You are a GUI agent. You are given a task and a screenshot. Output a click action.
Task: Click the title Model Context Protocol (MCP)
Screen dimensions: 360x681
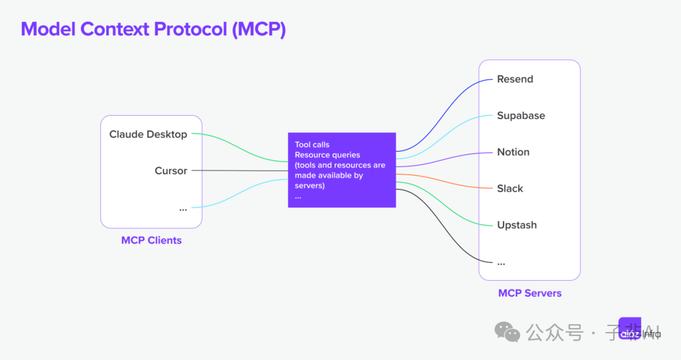click(153, 29)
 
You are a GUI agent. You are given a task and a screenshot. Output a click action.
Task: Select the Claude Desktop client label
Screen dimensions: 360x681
click(148, 134)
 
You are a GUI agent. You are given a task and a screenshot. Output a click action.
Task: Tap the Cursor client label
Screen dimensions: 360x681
click(171, 171)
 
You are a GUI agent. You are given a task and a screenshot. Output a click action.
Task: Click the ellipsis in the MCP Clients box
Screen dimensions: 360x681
click(183, 209)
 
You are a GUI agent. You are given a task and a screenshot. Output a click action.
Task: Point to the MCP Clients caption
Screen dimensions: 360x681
click(151, 240)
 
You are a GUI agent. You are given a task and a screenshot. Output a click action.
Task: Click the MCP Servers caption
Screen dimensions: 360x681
click(529, 293)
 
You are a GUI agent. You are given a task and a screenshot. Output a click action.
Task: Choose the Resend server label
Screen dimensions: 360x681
click(515, 79)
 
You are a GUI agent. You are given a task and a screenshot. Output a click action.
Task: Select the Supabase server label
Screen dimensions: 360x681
click(521, 116)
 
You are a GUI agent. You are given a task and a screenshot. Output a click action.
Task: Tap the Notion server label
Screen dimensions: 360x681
click(513, 152)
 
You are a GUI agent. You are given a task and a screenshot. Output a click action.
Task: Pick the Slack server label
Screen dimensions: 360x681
click(510, 189)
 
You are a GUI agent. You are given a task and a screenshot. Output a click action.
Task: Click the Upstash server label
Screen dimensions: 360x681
click(517, 226)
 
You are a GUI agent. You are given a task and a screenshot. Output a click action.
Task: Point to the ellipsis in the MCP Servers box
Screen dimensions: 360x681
click(501, 262)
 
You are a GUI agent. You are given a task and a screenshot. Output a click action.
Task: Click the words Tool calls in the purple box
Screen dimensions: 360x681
click(312, 144)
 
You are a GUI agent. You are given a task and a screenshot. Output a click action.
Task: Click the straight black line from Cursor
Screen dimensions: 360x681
click(239, 171)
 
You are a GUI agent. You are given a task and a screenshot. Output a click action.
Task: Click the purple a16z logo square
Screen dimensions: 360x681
click(629, 329)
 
